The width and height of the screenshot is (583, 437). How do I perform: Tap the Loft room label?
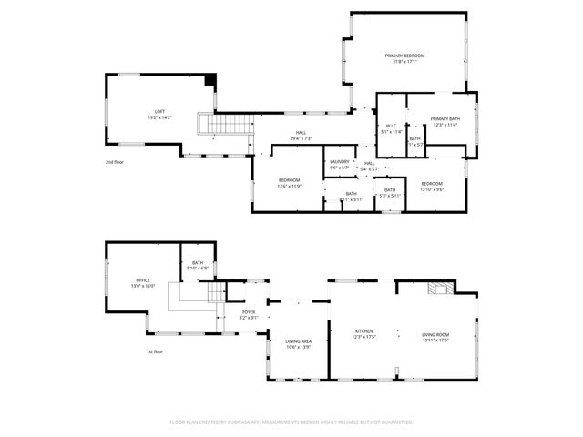coord(159,111)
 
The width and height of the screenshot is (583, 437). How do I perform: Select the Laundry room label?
coord(339,162)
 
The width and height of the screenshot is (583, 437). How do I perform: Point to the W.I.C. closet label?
coord(391,127)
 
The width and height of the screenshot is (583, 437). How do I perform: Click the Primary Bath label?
coord(445,119)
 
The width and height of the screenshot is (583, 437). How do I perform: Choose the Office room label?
coord(143,280)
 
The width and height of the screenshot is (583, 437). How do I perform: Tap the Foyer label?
coord(248,312)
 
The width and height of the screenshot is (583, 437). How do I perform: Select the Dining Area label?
coord(299,341)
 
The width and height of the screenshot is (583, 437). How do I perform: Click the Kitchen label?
coord(363,331)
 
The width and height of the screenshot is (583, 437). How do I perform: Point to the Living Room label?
coord(435,334)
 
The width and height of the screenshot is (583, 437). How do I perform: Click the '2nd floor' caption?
coord(115,161)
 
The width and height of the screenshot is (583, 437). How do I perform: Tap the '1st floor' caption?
coord(156,351)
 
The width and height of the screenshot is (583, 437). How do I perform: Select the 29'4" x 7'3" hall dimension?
coord(301,138)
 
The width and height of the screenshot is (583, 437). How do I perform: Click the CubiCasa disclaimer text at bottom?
coord(291,422)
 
